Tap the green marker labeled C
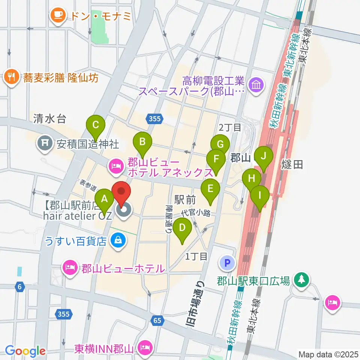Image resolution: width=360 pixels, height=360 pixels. tap(95, 124)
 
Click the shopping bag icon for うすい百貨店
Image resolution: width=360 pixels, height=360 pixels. tap(118, 240)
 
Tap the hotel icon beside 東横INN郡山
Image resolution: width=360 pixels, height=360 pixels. tap(144, 348)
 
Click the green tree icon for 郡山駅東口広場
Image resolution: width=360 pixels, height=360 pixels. tap(300, 279)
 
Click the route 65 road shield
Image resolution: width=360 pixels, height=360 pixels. tap(158, 320)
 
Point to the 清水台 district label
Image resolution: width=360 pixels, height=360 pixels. tap(49, 119)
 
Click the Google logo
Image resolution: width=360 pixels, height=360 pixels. tap(25, 351)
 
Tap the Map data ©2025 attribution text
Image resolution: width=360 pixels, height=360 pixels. tap(327, 354)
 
